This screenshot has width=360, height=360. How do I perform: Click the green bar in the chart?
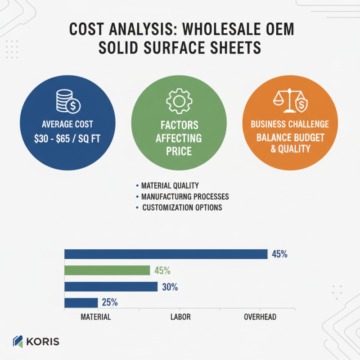pyautogui.click(x=107, y=270)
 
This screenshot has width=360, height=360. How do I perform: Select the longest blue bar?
pyautogui.click(x=166, y=254)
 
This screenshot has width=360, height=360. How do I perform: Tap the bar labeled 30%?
pyautogui.click(x=111, y=287)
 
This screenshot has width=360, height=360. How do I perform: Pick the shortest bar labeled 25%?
pyautogui.click(x=81, y=302)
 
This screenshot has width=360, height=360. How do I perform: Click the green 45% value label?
pyautogui.click(x=162, y=271)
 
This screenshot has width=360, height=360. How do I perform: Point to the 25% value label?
pyautogui.click(x=110, y=302)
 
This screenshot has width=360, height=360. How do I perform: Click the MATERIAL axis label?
pyautogui.click(x=96, y=317)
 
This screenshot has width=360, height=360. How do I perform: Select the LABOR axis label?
pyautogui.click(x=180, y=317)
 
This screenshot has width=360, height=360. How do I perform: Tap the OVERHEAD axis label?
pyautogui.click(x=260, y=317)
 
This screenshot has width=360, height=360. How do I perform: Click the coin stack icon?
pyautogui.click(x=68, y=101)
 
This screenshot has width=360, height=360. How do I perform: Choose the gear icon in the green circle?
pyautogui.click(x=179, y=101)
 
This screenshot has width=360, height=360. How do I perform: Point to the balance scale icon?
pyautogui.click(x=290, y=100)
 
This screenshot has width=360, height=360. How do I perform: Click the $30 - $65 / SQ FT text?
pyautogui.click(x=67, y=139)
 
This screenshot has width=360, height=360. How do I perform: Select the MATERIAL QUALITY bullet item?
pyautogui.click(x=170, y=185)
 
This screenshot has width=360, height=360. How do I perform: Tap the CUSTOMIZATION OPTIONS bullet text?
pyautogui.click(x=182, y=207)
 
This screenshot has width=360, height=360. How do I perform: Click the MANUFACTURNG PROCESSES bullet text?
pyautogui.click(x=185, y=197)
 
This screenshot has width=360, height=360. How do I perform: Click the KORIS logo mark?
pyautogui.click(x=18, y=342)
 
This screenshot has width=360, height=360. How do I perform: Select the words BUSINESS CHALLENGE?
pyautogui.click(x=290, y=124)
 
